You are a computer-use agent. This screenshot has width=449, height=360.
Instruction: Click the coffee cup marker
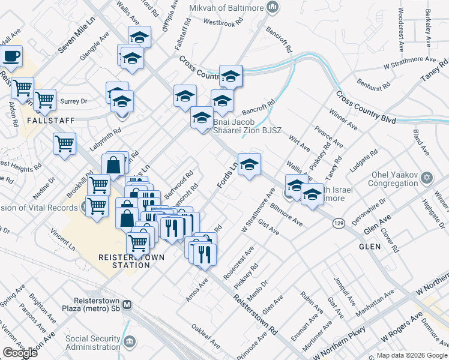(x=11, y=57)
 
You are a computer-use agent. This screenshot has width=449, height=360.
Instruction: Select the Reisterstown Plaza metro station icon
(x=127, y=304)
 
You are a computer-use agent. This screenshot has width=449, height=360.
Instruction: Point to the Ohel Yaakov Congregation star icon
(x=427, y=178)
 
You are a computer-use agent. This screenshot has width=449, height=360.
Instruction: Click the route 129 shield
(x=339, y=223)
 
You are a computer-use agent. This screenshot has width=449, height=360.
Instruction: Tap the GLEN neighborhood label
(x=370, y=247)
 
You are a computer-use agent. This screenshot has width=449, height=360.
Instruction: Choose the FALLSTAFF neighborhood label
(x=51, y=121)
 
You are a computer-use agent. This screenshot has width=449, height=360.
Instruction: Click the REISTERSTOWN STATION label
(x=124, y=260)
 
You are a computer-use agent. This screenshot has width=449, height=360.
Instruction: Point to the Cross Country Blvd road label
(x=366, y=108)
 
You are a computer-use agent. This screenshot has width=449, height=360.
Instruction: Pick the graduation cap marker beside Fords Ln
(x=249, y=164)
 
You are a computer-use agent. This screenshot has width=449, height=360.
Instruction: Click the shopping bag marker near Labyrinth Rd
(x=113, y=163)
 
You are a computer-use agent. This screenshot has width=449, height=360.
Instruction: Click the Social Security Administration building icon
(x=129, y=341)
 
